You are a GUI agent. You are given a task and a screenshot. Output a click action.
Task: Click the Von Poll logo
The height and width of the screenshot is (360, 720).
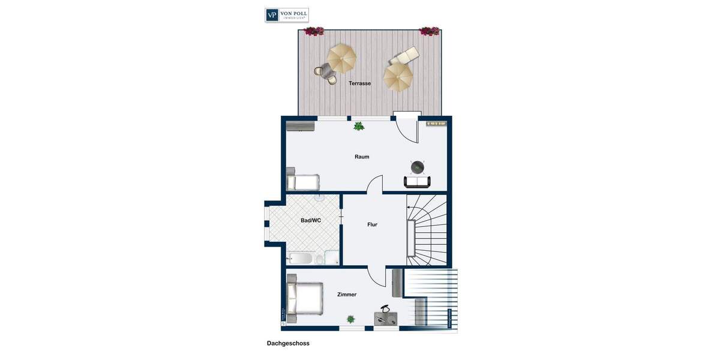click(x=287, y=15)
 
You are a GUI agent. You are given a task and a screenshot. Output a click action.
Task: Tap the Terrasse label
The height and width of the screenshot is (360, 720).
click(x=360, y=83)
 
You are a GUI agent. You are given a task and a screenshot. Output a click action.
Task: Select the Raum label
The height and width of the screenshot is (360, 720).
click(x=362, y=157)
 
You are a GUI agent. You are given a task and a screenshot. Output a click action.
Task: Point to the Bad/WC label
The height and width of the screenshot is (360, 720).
click(x=311, y=220)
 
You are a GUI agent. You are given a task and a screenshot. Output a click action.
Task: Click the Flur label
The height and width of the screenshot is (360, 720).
click(x=373, y=224)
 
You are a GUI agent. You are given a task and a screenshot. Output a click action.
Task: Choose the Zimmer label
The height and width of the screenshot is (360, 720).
click(x=347, y=295)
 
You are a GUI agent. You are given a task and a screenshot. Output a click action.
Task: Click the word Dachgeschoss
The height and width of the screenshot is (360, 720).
click(x=288, y=343)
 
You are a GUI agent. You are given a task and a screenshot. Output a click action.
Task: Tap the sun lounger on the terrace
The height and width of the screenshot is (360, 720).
click(x=404, y=56)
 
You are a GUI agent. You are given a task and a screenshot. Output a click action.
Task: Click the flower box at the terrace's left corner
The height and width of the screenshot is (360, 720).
click(x=314, y=31)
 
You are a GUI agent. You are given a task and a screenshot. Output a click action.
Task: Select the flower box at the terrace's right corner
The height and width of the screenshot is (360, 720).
click(x=429, y=31)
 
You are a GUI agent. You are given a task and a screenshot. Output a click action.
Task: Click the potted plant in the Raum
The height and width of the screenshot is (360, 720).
click(x=359, y=126)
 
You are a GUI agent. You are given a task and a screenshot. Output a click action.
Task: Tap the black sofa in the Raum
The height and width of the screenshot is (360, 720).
click(x=417, y=182)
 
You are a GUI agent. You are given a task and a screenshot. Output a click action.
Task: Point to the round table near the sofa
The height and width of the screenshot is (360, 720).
click(x=418, y=166)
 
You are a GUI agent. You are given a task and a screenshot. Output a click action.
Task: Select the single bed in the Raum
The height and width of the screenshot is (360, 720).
click(x=303, y=182)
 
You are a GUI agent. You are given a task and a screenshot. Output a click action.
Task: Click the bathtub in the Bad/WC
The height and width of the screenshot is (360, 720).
click(x=300, y=259)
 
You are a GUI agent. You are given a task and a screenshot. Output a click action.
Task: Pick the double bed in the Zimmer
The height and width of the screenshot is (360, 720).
click(x=305, y=298)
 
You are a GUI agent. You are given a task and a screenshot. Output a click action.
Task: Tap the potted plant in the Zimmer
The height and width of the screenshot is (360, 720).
click(x=350, y=319)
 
